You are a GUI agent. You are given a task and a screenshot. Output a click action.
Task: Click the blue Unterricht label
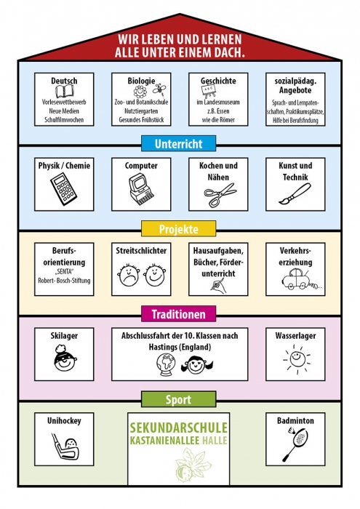coord(178,143)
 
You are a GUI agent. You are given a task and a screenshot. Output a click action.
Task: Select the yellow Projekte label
coord(178,229)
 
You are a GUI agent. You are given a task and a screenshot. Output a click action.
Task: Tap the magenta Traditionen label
coord(178,314)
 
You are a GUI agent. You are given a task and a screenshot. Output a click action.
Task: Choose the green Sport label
coord(178,399)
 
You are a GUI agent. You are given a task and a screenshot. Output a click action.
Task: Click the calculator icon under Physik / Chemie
coord(63,189)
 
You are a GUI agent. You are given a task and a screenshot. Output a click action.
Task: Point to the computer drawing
coord(140,189)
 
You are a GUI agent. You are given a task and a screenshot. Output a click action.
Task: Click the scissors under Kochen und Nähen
coord(220,194)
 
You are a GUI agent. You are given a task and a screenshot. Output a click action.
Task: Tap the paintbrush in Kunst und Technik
coord(295,194)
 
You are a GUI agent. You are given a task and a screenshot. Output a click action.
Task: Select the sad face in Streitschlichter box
coord(128,276)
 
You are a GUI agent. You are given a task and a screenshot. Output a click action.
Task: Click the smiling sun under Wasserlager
coord(297,359)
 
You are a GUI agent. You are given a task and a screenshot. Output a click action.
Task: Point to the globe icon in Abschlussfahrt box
coord(165,364)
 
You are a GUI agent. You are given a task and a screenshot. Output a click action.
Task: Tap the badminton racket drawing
coord(296,444)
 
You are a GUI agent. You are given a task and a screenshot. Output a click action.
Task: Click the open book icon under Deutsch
coord(64,92)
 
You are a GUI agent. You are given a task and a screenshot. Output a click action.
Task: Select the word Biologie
coord(141,81)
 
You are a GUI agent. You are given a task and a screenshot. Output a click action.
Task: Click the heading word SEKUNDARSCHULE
coord(178,428)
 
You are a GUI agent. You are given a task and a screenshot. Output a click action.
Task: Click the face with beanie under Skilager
coord(65,358)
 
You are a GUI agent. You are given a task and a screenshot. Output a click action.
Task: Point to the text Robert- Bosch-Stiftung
coord(64,281)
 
